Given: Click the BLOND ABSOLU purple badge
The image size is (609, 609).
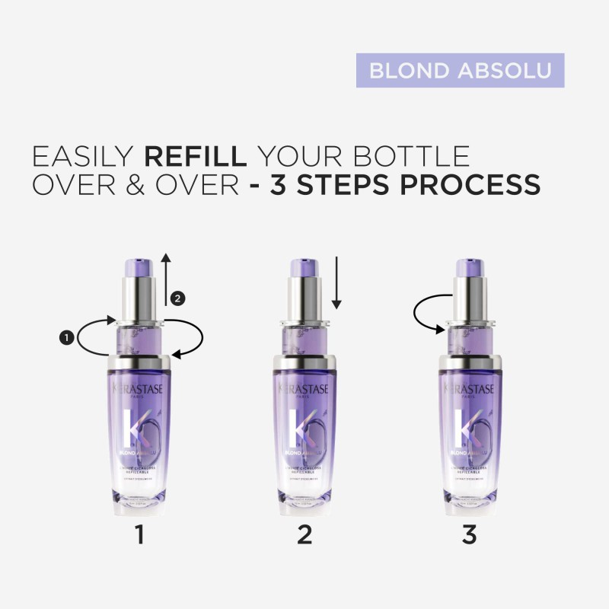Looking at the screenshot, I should pos(460,70).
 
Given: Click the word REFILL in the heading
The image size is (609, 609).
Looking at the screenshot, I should pos(196,156).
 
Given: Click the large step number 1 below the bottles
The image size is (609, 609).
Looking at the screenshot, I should pos(139,535).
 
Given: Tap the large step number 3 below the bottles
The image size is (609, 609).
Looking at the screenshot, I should pos(470,535).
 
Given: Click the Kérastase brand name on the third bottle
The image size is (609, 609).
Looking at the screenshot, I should pos(470,390).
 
